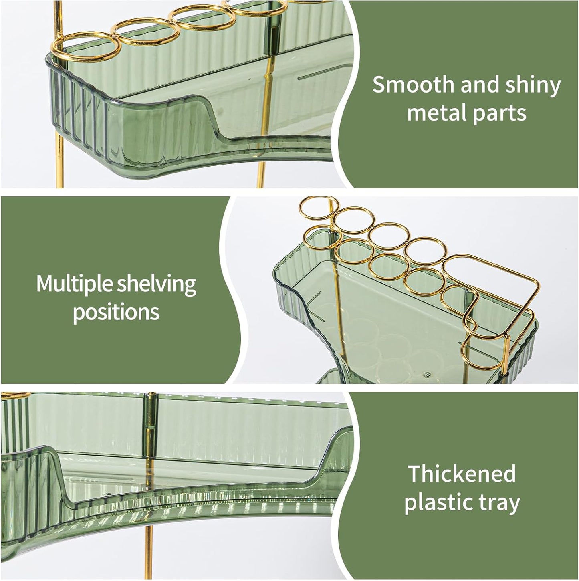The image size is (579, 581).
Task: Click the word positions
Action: pyautogui.click(x=116, y=312)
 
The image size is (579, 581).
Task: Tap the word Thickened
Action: pyautogui.click(x=462, y=474)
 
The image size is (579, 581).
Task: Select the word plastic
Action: pyautogui.click(x=440, y=502)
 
